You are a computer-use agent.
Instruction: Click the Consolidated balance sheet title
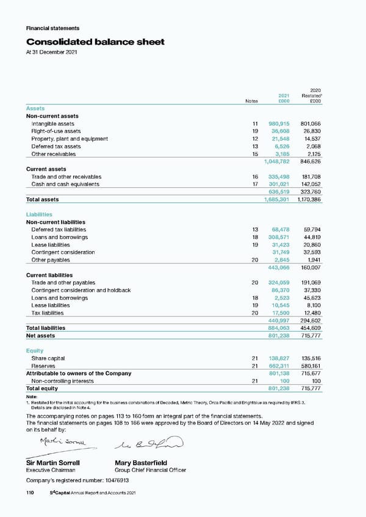(x=95, y=42)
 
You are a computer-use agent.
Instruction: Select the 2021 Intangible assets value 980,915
(x=279, y=124)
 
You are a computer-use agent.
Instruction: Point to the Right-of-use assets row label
(x=56, y=131)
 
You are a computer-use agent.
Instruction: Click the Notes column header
(x=251, y=101)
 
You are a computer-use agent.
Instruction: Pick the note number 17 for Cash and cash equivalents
(x=256, y=184)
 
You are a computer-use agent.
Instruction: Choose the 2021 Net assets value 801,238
(x=279, y=335)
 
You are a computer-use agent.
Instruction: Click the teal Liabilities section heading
(x=39, y=215)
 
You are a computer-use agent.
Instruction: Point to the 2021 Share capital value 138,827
(x=279, y=358)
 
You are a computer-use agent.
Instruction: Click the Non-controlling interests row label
(x=63, y=381)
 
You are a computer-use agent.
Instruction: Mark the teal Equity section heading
(x=35, y=351)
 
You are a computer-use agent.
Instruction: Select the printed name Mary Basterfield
(x=140, y=462)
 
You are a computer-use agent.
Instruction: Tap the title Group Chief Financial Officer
(x=150, y=470)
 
